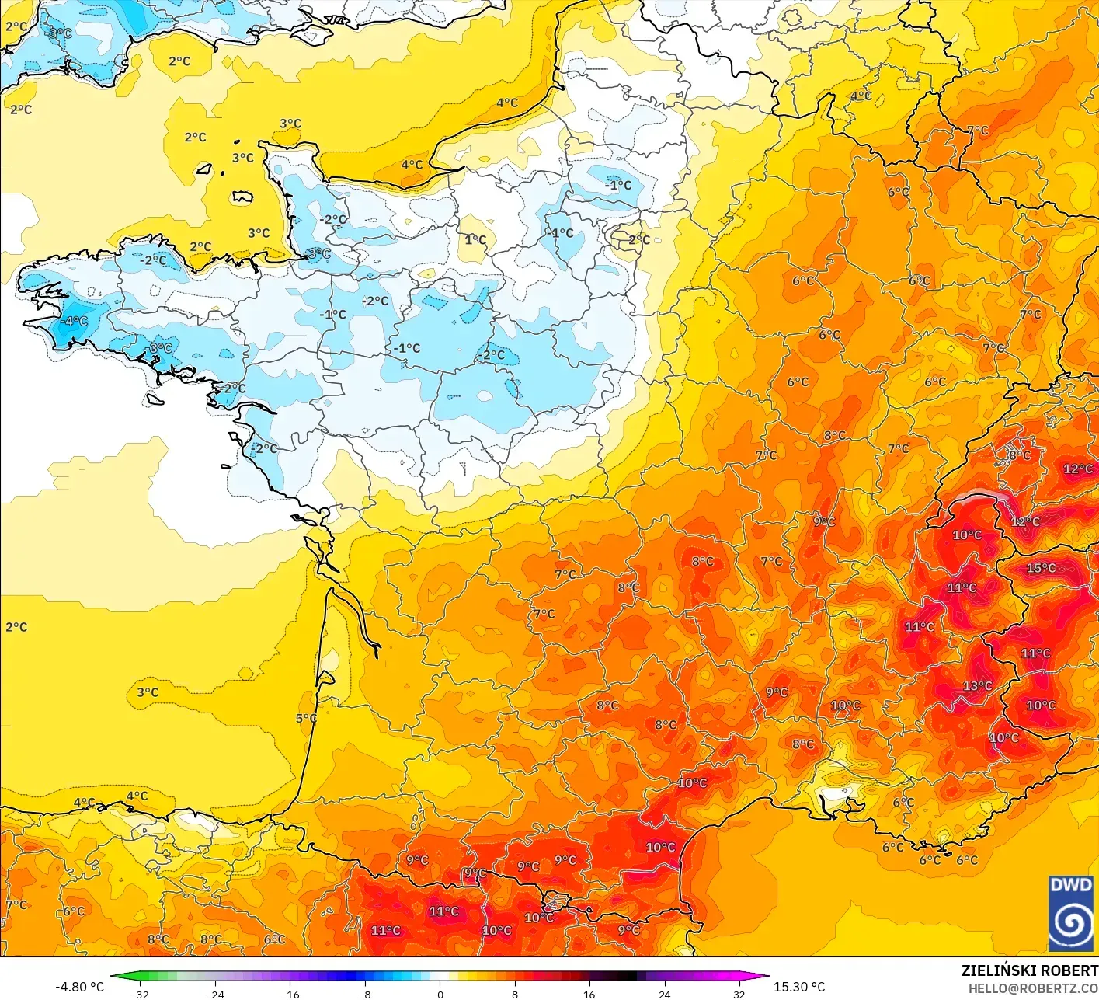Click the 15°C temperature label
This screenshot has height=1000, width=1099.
(1041, 568)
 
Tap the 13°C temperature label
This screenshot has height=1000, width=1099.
(977, 685)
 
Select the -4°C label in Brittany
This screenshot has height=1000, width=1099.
(75, 321)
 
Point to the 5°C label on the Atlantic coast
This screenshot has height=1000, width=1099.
(306, 718)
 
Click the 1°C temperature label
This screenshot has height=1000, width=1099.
(475, 239)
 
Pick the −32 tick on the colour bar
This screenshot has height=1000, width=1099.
(140, 994)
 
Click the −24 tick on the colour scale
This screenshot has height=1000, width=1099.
(215, 994)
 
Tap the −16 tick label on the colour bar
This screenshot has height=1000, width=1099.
(290, 994)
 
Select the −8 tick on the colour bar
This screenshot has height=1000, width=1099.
(365, 994)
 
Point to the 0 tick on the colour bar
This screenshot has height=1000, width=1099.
(440, 994)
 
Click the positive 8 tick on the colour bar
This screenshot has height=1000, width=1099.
(515, 994)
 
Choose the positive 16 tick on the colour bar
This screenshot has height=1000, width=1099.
(589, 994)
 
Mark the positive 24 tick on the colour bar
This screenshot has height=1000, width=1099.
(665, 994)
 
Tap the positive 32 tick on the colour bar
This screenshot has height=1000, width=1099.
(739, 994)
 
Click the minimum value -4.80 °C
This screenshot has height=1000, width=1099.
(79, 987)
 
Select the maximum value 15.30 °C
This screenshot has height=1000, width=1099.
(799, 987)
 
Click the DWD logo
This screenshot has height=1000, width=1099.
(1071, 913)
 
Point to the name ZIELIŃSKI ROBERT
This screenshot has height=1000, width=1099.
(1029, 970)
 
